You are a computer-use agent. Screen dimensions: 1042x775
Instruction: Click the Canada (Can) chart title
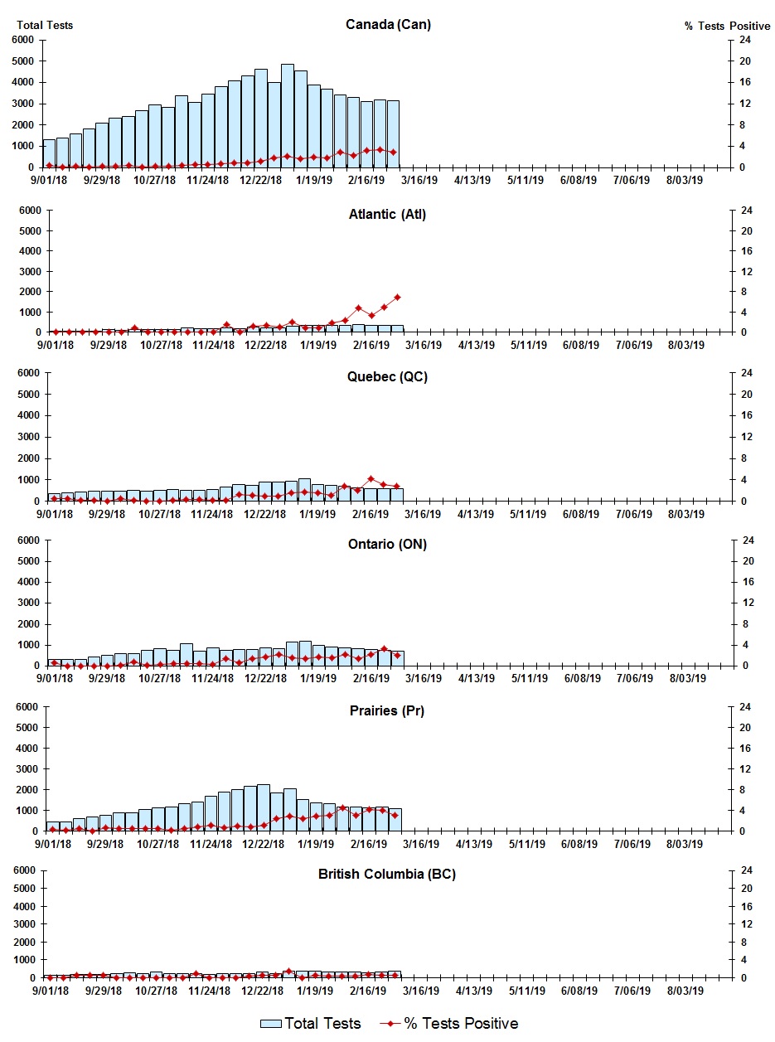pos(388,25)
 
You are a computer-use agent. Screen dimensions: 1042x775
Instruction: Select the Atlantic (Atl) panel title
pos(387,215)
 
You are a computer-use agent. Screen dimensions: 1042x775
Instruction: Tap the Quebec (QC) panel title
pos(387,377)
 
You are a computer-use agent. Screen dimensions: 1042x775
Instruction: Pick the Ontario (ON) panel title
pos(387,545)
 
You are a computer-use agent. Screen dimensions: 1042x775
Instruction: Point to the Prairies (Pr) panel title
pos(387,711)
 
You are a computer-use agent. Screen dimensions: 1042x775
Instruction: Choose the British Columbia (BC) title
pos(387,875)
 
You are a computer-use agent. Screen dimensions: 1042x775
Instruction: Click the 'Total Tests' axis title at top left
pos(44,25)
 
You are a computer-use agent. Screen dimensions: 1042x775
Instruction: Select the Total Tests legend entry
pos(311,1024)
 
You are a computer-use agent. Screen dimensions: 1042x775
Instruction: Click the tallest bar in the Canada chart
pos(288,116)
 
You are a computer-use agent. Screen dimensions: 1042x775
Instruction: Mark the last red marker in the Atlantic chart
pos(397,297)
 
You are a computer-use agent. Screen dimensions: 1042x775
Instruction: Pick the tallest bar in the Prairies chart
pos(264,807)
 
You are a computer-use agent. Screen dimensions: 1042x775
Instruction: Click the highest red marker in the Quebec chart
pos(371,479)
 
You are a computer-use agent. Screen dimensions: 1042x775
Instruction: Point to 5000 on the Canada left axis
pos(22,61)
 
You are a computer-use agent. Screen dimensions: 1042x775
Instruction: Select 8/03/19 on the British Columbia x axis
pos(685,990)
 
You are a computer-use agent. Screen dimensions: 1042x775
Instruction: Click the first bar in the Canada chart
pos(49,153)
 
